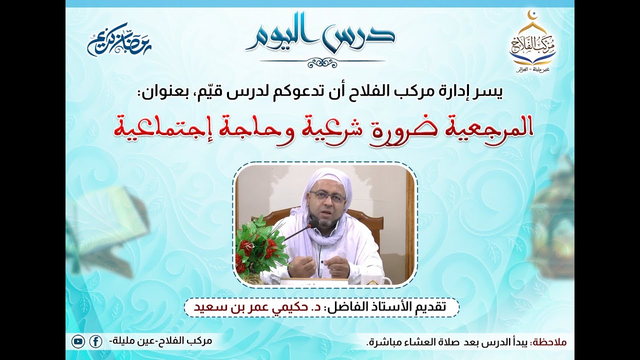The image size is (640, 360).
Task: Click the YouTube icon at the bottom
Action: [78, 342]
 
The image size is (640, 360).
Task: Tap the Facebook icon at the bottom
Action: [95, 342]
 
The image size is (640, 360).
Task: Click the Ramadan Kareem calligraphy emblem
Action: [119, 39]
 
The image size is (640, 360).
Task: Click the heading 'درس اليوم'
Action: [320, 36]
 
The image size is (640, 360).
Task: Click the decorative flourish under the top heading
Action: [322, 62]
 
